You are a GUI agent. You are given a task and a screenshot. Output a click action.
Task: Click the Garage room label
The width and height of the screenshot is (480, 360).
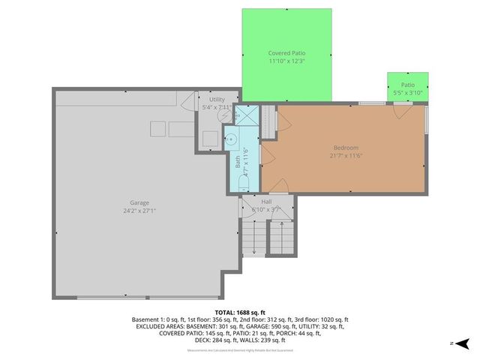139,202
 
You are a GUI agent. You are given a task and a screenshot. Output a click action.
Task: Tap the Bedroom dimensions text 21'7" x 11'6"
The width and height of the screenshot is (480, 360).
346,156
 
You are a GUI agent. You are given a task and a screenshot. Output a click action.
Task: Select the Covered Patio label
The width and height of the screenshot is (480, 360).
286,53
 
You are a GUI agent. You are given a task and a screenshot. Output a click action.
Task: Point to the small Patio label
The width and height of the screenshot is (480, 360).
407,85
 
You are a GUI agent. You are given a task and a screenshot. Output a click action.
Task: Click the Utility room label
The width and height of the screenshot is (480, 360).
217,99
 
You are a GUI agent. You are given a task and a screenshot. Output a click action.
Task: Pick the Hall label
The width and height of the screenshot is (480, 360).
266,202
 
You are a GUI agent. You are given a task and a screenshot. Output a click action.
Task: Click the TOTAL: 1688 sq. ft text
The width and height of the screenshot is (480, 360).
240,311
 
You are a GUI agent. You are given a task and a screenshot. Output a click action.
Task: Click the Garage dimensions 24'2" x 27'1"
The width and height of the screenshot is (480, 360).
139,211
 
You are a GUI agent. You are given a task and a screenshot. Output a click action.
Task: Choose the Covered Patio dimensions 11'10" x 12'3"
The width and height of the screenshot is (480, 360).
286,61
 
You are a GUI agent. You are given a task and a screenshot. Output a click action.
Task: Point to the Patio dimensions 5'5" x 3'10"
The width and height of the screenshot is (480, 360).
407,93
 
